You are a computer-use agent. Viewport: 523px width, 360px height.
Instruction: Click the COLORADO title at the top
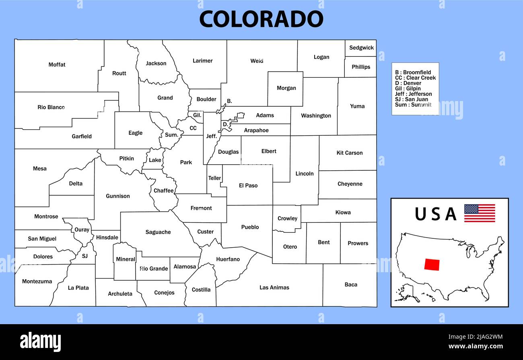(x=261, y=19)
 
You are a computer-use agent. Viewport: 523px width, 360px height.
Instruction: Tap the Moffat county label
(x=57, y=64)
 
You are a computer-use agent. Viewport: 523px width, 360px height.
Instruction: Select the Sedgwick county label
(x=361, y=48)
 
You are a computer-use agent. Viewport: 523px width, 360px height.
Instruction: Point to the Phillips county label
(x=361, y=67)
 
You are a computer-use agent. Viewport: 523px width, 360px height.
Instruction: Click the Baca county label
(x=351, y=284)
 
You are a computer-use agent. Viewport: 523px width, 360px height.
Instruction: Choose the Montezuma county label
(x=37, y=281)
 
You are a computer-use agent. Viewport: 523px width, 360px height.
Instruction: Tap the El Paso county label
(x=248, y=186)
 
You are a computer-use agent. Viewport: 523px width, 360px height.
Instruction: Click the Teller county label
(x=214, y=178)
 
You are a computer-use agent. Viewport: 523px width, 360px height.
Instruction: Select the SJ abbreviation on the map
(x=84, y=256)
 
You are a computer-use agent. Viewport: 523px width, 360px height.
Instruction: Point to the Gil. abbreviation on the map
(x=197, y=115)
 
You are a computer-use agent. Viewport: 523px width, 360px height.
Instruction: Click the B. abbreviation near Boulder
(x=229, y=101)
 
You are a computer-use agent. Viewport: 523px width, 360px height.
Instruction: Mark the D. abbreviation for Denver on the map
(x=225, y=124)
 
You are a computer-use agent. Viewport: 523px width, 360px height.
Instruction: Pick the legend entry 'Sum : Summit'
(x=413, y=105)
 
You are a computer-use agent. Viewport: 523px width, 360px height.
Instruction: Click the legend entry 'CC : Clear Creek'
(x=415, y=78)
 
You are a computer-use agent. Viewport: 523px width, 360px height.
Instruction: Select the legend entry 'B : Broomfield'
(x=413, y=72)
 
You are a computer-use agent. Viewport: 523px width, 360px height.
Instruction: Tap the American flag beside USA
(x=480, y=213)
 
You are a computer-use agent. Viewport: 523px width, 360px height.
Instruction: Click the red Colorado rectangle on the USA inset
(x=432, y=264)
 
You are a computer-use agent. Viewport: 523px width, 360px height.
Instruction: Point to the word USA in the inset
(x=436, y=214)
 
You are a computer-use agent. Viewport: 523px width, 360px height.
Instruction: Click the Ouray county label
(x=82, y=230)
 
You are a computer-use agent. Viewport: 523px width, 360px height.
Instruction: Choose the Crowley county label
(x=287, y=218)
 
